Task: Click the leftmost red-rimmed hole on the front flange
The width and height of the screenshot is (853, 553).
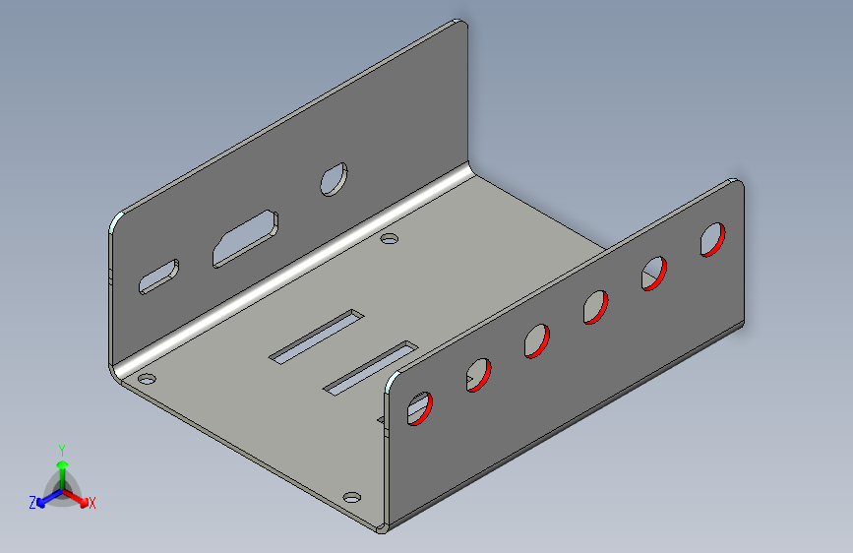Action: [419, 408]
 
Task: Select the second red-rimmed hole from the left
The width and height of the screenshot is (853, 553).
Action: [479, 375]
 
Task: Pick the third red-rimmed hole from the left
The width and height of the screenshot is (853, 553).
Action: [537, 340]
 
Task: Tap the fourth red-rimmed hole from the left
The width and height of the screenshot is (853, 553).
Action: [595, 307]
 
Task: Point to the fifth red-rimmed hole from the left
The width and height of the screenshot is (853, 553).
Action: [654, 274]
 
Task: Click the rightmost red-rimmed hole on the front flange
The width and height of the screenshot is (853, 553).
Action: [712, 239]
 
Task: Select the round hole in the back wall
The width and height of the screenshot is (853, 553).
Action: [335, 179]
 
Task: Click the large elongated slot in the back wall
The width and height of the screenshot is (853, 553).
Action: [245, 238]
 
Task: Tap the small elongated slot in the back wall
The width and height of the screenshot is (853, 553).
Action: [158, 277]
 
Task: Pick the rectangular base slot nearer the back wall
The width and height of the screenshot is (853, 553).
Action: [317, 336]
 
